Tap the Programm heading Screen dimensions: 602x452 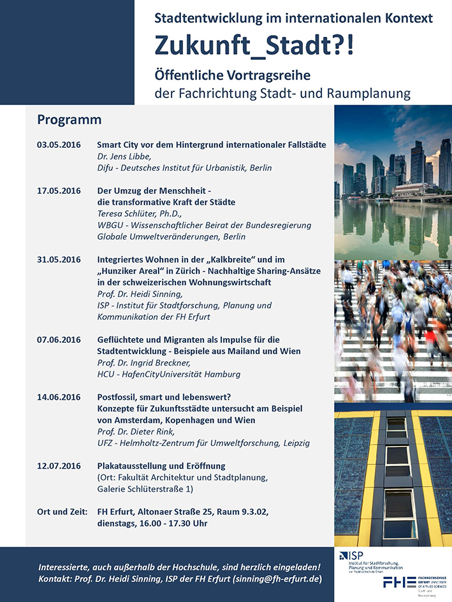[69, 120]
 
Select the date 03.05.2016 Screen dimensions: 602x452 [59, 145]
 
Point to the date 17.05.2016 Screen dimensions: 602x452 [59, 190]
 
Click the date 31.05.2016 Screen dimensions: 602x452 [59, 259]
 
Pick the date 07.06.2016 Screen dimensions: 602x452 [59, 340]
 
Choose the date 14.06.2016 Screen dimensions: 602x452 [59, 397]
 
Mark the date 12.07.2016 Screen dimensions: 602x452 [59, 466]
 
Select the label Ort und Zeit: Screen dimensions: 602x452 [62, 512]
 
